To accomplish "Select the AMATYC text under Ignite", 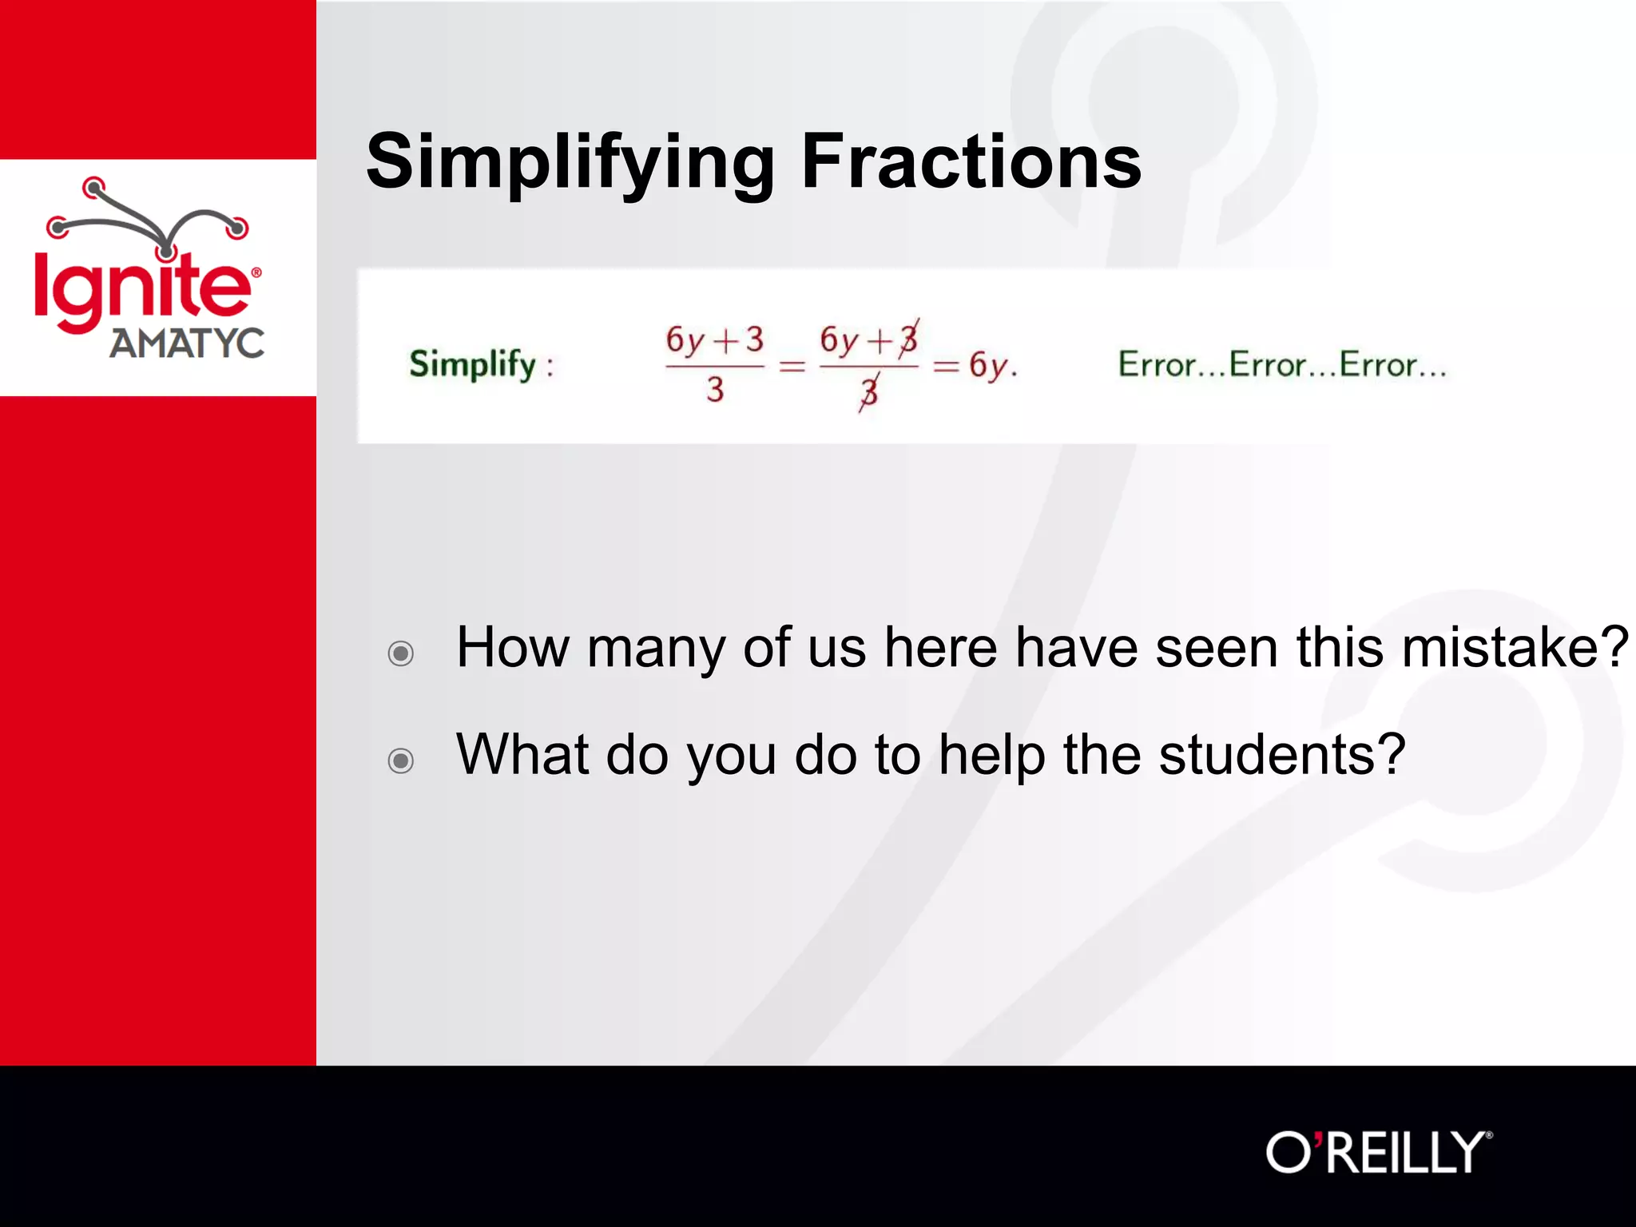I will [x=187, y=343].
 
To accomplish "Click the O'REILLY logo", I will [x=1378, y=1152].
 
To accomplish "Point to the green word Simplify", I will [x=473, y=365].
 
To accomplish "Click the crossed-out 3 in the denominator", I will [x=869, y=392].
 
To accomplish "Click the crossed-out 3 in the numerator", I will [x=908, y=339].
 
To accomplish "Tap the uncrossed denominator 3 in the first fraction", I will [x=715, y=390].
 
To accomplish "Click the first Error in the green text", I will [x=1156, y=365].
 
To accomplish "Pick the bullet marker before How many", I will [x=400, y=653].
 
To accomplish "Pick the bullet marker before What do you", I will [x=400, y=760].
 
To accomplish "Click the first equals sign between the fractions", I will [x=792, y=367].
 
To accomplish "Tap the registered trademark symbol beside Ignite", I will [x=256, y=272].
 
